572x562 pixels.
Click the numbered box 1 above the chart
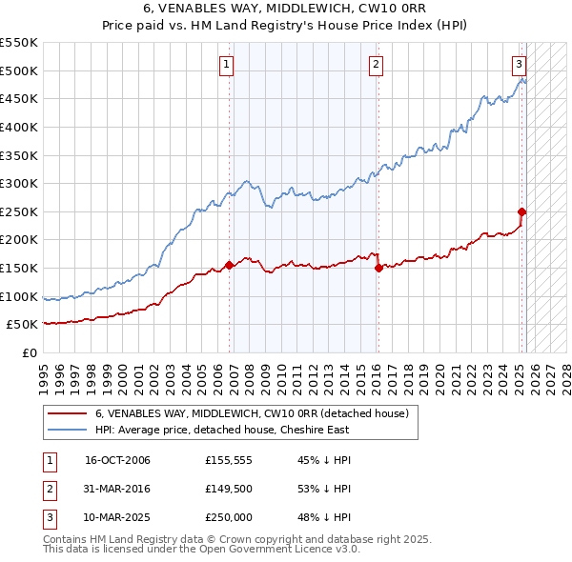click(x=227, y=65)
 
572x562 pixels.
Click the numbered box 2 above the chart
click(x=376, y=65)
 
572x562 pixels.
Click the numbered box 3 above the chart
click(x=519, y=65)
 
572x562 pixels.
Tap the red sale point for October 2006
click(x=230, y=265)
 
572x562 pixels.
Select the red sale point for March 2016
click(x=378, y=268)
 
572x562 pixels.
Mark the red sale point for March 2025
click(x=521, y=211)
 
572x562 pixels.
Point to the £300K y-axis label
click(x=20, y=183)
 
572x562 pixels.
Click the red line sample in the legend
click(x=68, y=413)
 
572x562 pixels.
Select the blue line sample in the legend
click(x=68, y=430)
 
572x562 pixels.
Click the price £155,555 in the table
click(x=228, y=461)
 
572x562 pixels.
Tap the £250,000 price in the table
click(x=229, y=517)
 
